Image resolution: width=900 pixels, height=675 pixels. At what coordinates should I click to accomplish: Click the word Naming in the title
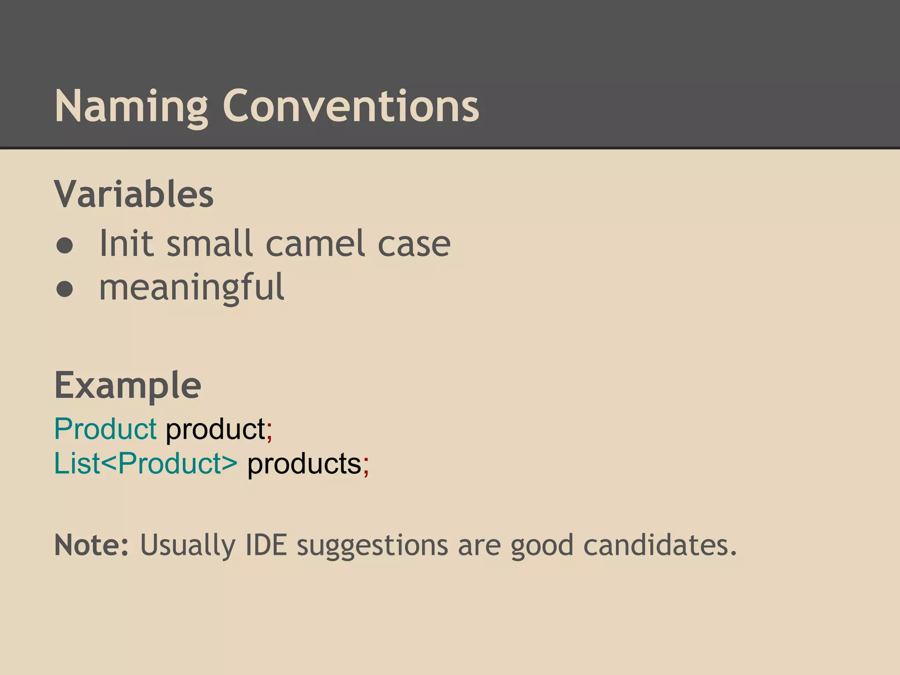(131, 107)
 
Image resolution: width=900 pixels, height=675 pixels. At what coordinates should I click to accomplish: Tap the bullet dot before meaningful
(65, 289)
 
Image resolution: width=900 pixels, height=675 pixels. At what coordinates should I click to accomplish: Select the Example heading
(127, 385)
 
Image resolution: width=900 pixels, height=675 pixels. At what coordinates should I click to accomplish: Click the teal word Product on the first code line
(105, 428)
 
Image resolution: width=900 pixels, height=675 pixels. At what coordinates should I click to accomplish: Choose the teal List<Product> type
(145, 463)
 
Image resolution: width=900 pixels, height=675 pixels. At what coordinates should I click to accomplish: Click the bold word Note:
(91, 545)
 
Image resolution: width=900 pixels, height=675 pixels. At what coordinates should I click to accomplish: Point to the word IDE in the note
(265, 545)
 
